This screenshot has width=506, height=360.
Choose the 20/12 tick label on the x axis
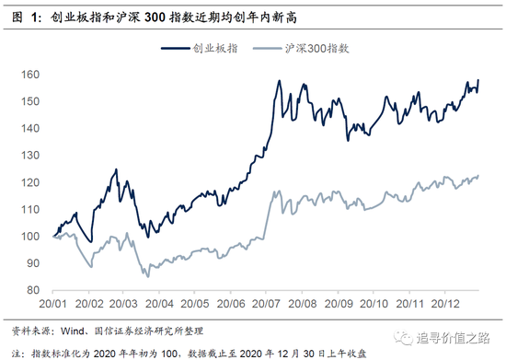pos(447,301)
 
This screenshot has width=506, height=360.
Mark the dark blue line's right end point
pos(479,80)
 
